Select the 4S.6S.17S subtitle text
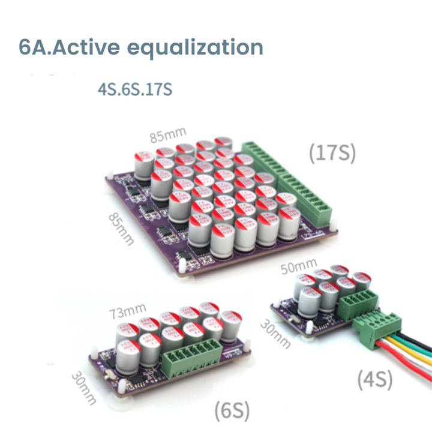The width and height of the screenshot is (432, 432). pyautogui.click(x=134, y=89)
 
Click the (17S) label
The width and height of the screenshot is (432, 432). pyautogui.click(x=332, y=154)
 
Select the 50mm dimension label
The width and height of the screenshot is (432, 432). pyautogui.click(x=299, y=264)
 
